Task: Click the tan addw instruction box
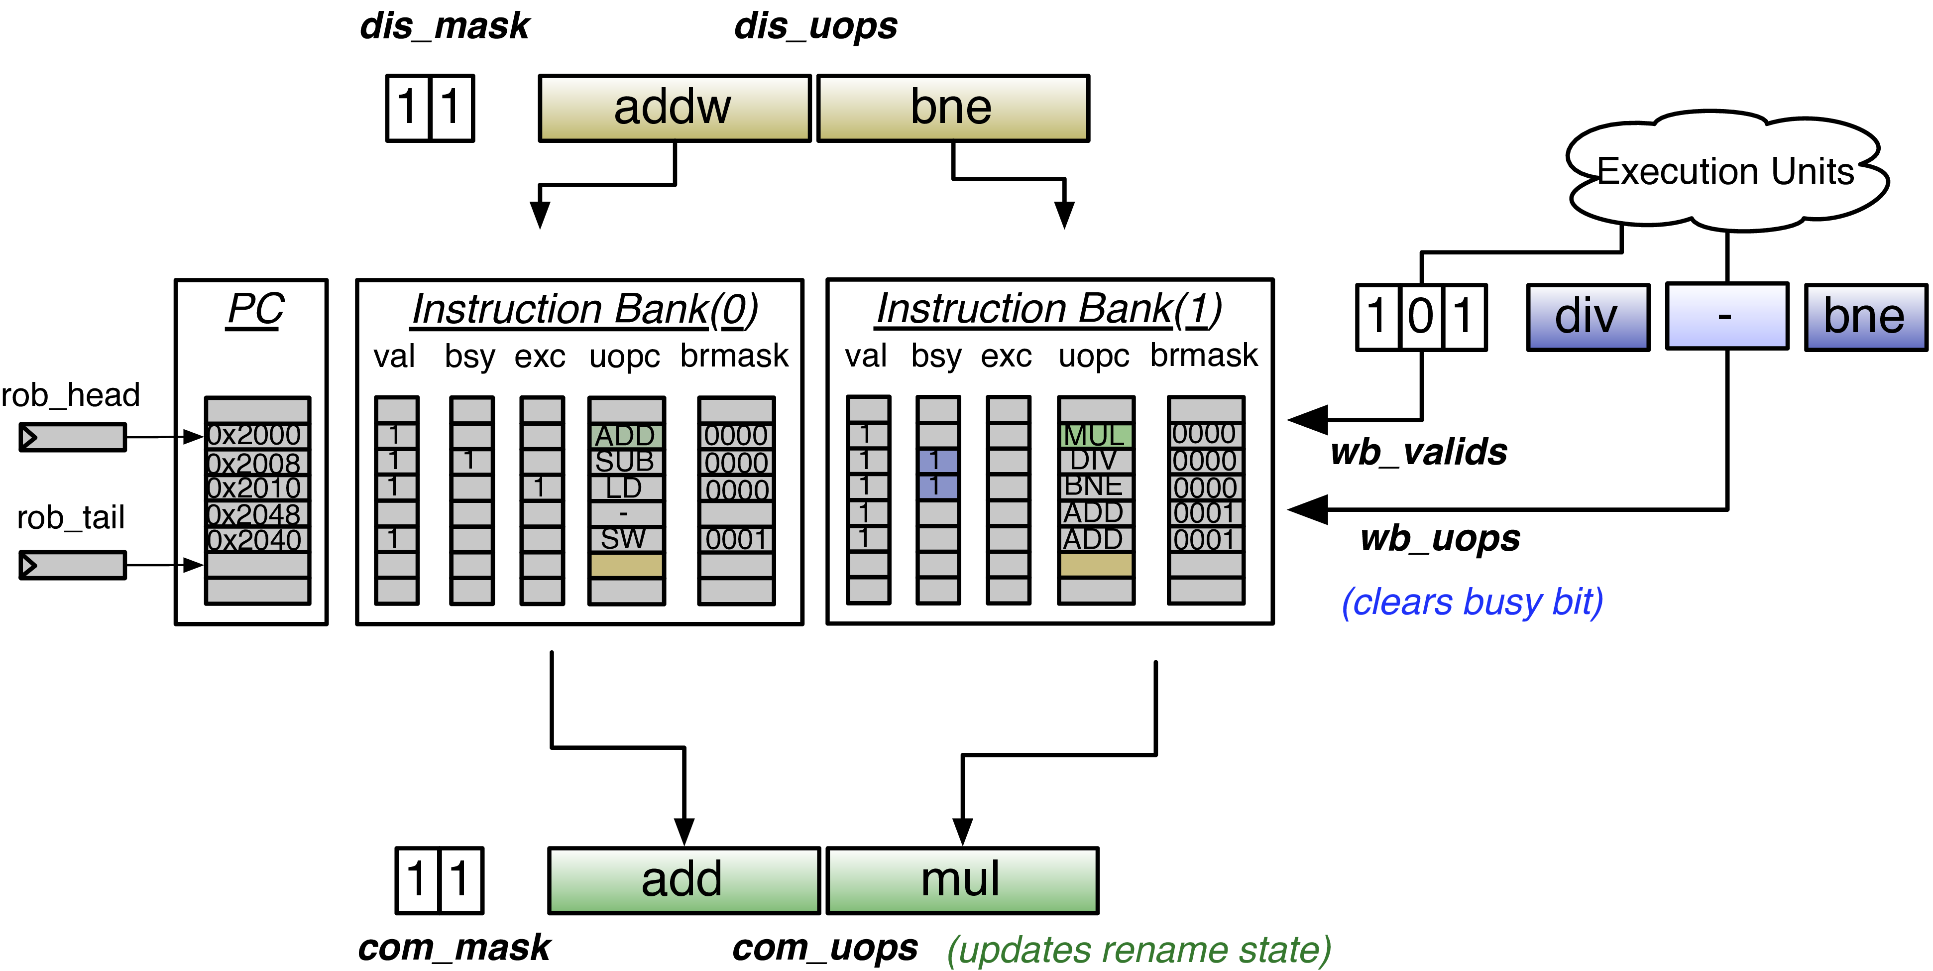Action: click(674, 108)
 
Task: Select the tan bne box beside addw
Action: click(952, 108)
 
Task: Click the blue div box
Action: click(1587, 317)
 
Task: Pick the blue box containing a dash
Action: click(1726, 317)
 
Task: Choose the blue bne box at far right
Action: click(1865, 317)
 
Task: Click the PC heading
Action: click(255, 309)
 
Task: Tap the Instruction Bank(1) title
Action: click(1049, 309)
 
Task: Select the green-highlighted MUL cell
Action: click(1095, 435)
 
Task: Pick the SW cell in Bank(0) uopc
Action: click(624, 539)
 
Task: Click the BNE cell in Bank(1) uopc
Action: click(1094, 486)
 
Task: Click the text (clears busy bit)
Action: click(1472, 602)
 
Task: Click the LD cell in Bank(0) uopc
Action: click(624, 488)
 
